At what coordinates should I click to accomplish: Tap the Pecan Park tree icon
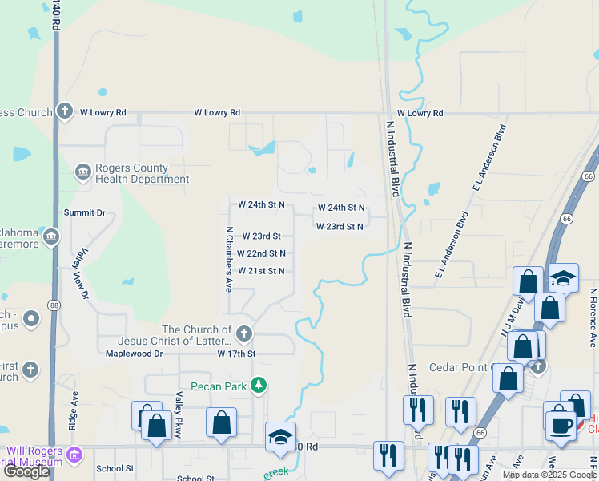259,386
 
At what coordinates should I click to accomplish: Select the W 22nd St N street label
261,253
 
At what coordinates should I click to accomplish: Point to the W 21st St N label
261,271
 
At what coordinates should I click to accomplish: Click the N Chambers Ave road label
229,258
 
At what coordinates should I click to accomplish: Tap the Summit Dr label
85,212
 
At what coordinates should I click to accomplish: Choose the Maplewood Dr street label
135,353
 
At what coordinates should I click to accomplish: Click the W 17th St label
235,353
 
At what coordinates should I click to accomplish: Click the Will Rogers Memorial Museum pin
74,455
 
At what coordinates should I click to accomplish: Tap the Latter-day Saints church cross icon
243,333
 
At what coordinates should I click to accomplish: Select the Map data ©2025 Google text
550,475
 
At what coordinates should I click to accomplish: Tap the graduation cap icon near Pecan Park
280,437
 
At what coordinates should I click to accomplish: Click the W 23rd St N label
340,227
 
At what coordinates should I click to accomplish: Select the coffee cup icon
561,423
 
